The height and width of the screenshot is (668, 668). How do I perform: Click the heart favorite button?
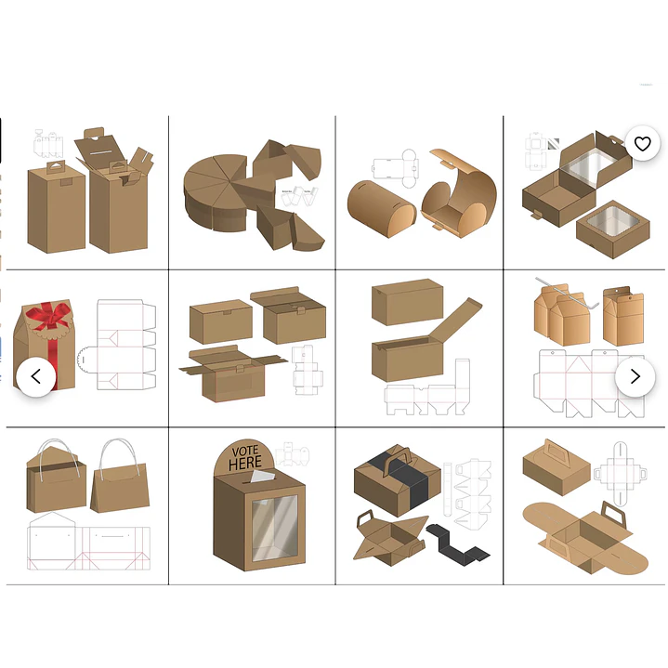point(642,144)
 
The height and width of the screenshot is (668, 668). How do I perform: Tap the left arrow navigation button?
point(36,376)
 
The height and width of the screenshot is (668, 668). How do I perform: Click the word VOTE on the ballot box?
point(245,452)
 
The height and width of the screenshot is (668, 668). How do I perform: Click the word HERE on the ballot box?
point(245,463)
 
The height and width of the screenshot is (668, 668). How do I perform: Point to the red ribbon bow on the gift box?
point(47,316)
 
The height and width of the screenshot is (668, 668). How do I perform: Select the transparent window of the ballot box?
point(275,529)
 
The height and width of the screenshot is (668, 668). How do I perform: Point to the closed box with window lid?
point(613,229)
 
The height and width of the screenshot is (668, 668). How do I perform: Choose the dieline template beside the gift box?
point(116,345)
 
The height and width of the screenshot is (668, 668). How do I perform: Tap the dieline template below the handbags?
point(88,541)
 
